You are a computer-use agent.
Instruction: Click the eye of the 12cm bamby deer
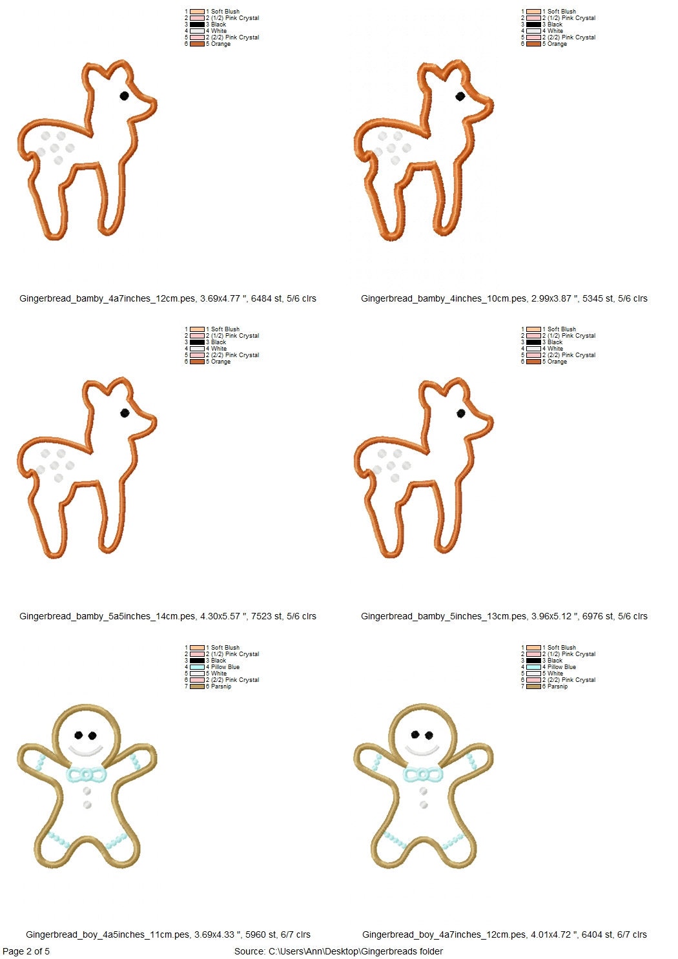click(x=125, y=96)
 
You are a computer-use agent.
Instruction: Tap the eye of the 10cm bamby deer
click(x=460, y=96)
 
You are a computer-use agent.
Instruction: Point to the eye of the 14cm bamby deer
click(x=125, y=413)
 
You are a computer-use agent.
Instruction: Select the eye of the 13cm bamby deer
click(x=461, y=413)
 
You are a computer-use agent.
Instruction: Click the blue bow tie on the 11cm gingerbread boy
click(x=86, y=774)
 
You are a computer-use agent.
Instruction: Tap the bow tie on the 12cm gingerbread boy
click(x=423, y=774)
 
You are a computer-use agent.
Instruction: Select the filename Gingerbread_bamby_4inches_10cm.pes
click(x=444, y=298)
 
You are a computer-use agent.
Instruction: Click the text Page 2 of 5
click(x=26, y=951)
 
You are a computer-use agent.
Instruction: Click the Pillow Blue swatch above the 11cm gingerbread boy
click(x=197, y=667)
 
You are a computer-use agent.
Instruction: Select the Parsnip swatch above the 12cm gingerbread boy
click(x=533, y=686)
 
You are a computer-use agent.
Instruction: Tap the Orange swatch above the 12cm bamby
click(x=197, y=44)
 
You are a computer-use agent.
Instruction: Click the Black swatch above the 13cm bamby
click(x=533, y=342)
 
